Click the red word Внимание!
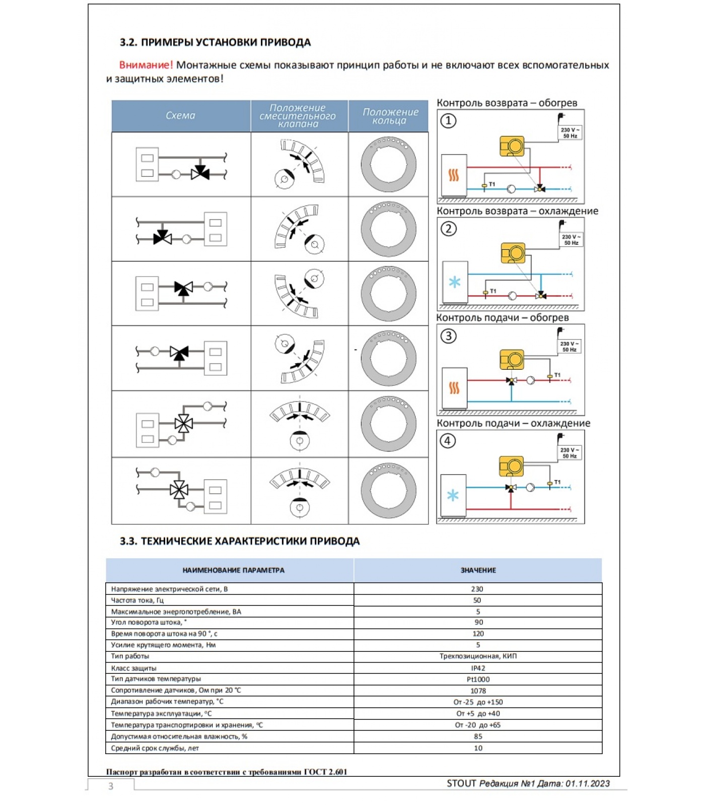(146, 65)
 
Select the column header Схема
(180, 116)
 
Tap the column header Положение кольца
(390, 116)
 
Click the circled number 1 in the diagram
(448, 121)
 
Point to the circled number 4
(448, 441)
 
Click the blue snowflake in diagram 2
(455, 282)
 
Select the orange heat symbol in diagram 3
(454, 388)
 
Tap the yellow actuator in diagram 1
(512, 146)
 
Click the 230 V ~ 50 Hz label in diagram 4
(570, 453)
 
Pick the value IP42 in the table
(478, 668)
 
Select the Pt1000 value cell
(478, 679)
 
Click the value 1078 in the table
(478, 691)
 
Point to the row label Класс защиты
(133, 668)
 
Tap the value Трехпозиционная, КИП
(478, 656)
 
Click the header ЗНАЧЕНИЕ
(478, 570)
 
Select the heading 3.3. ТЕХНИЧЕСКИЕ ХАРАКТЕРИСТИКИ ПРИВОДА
(240, 541)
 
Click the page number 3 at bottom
(111, 786)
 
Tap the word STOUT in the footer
(461, 783)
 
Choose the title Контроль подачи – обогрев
(503, 317)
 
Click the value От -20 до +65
(478, 725)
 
